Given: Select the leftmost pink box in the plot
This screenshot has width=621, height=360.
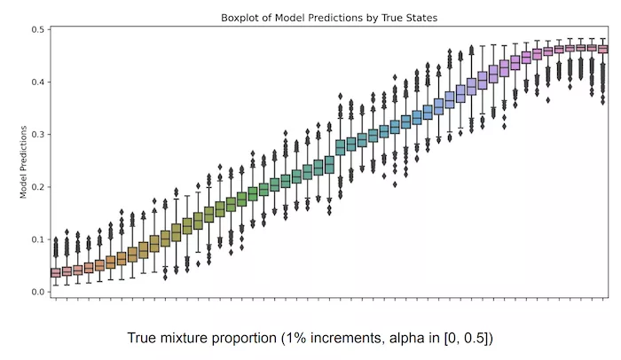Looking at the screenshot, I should [x=56, y=272].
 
